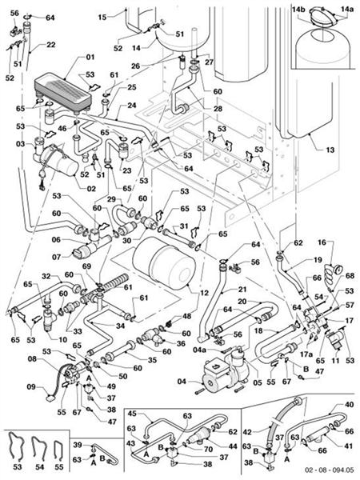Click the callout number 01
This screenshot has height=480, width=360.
click(x=90, y=57)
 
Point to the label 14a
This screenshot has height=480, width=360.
click(x=346, y=8)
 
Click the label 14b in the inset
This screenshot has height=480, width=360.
click(x=299, y=8)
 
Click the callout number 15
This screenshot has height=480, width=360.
click(x=102, y=16)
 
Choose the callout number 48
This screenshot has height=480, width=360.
click(x=187, y=317)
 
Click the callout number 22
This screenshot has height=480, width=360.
click(x=50, y=45)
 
